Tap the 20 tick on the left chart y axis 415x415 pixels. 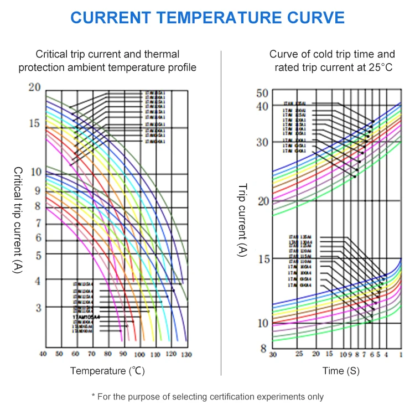[34, 88]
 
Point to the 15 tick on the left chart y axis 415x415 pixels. [34, 123]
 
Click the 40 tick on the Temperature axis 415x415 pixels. [43, 354]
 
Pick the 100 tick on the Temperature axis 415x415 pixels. [139, 354]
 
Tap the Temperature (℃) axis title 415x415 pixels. [107, 371]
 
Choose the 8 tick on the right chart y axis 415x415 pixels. [264, 349]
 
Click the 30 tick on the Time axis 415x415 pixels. [272, 354]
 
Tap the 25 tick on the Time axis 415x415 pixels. [299, 354]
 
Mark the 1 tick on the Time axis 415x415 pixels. [400, 354]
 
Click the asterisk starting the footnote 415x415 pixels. [93, 396]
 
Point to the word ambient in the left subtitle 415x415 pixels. [119, 68]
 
